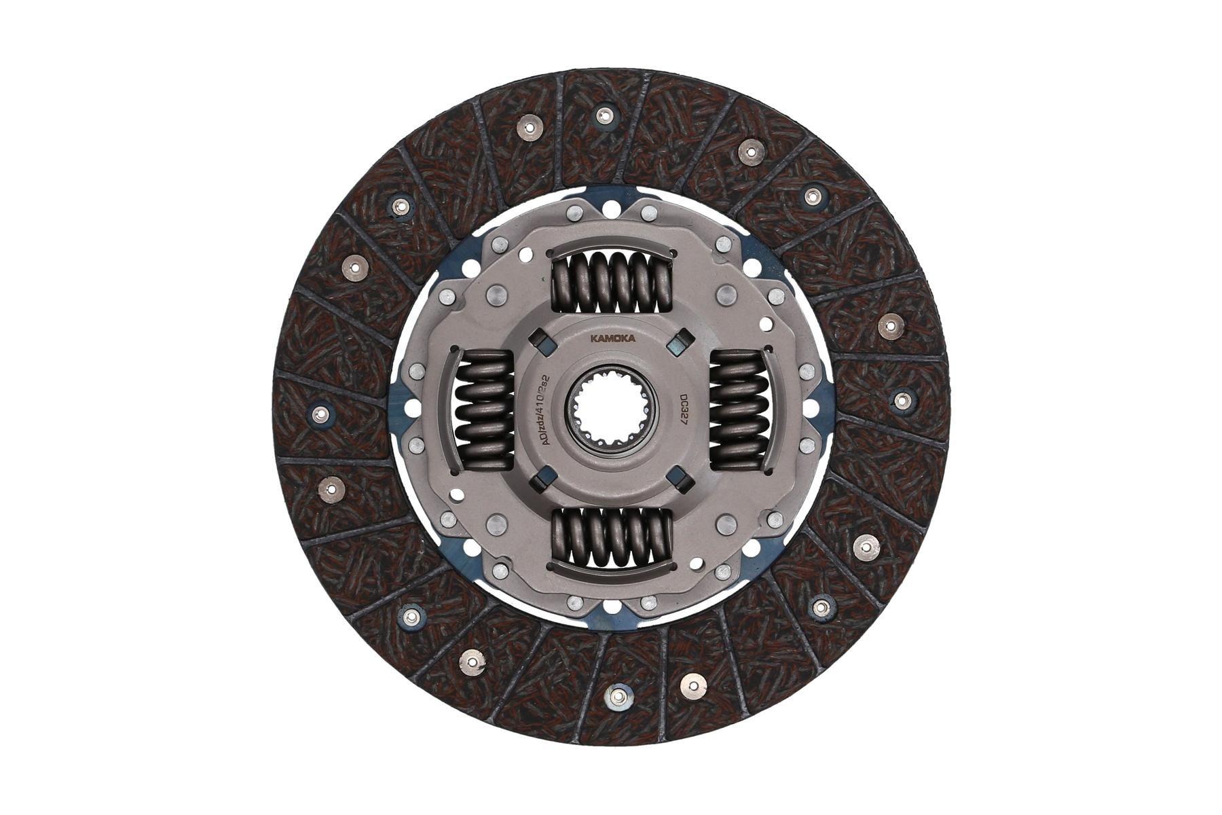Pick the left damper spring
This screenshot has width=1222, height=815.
point(484,412)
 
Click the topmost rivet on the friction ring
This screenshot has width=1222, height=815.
point(601,115)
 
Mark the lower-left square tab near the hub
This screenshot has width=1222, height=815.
point(540,484)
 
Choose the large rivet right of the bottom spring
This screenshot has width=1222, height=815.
point(726,524)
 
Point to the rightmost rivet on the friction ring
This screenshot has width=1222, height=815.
point(901,401)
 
